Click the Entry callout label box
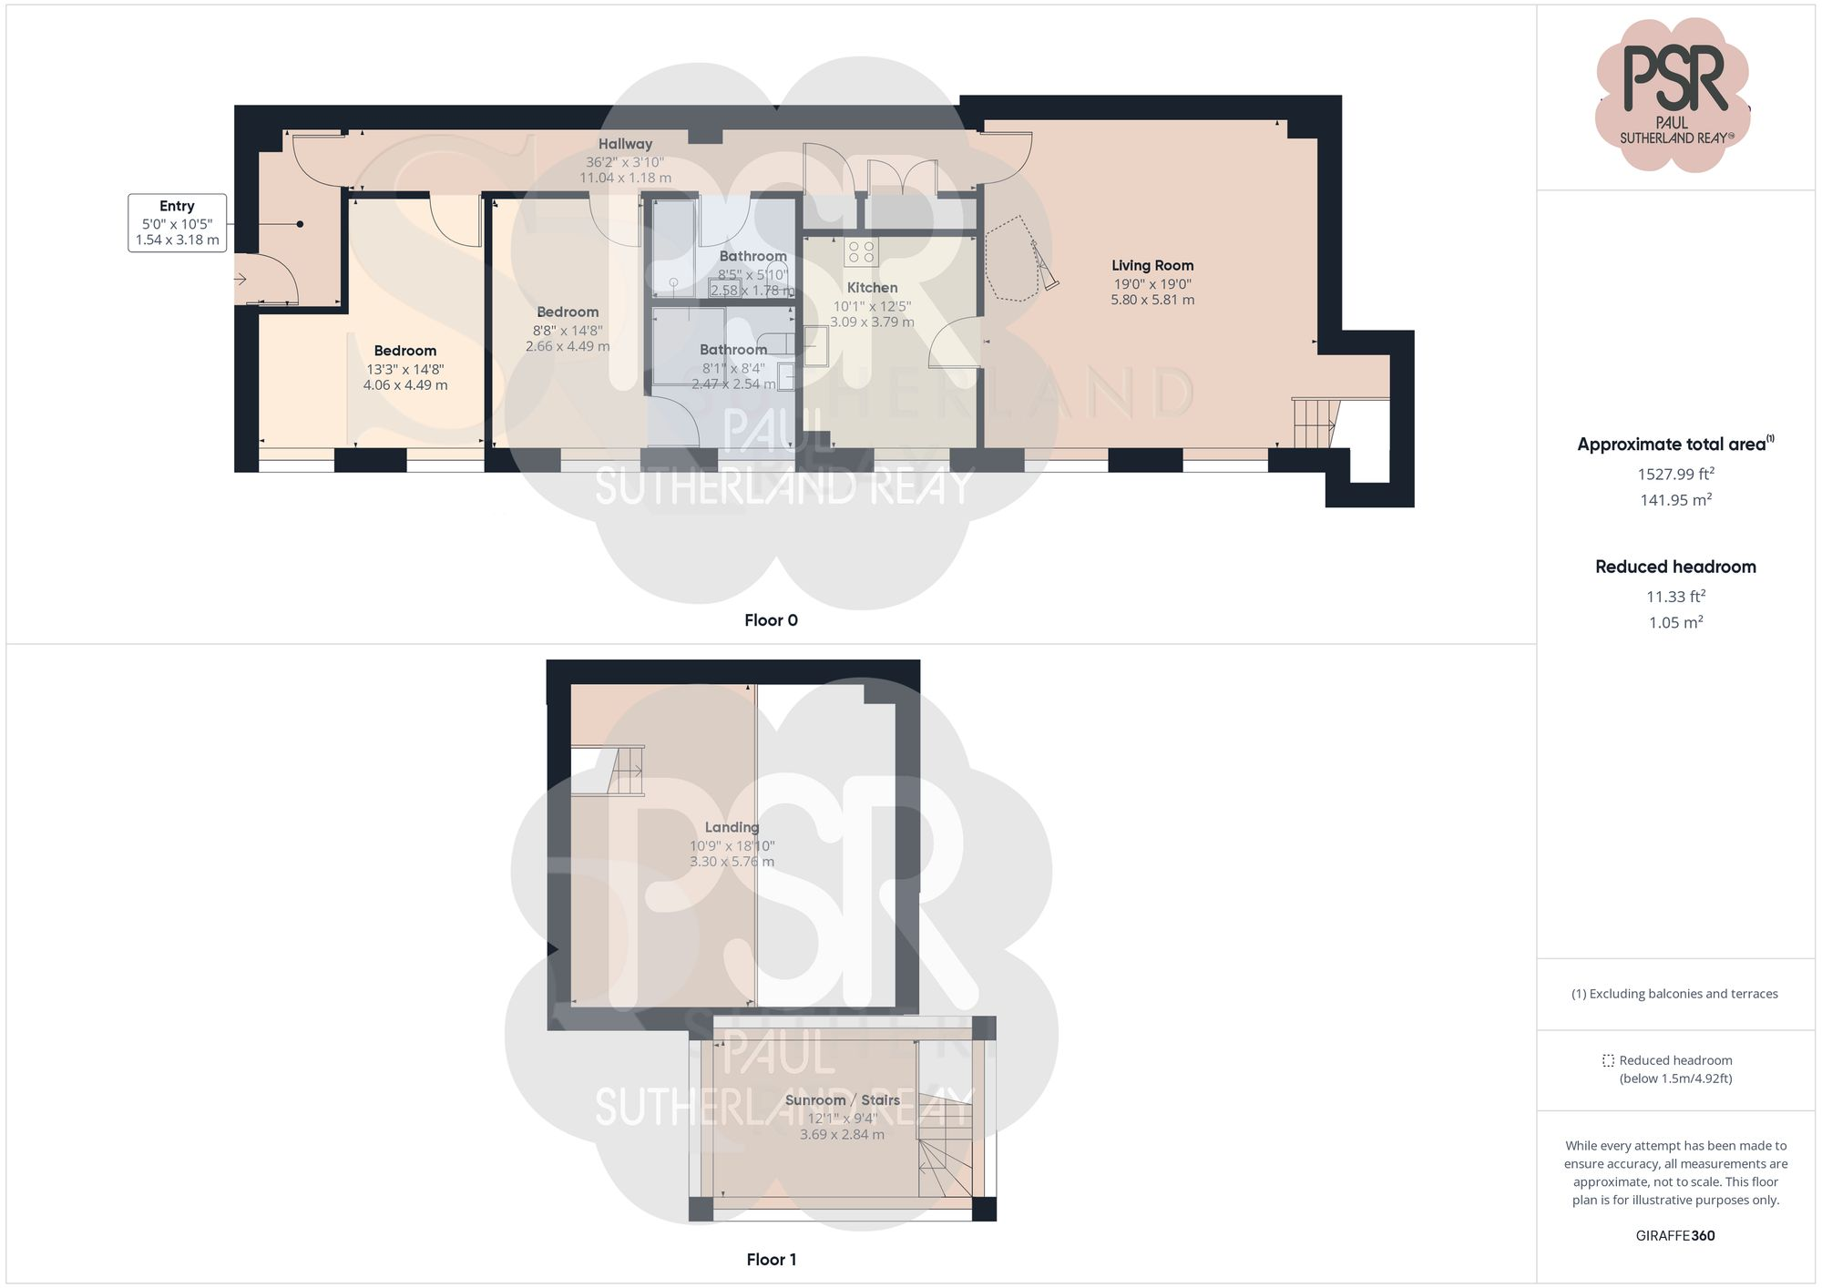point(177,223)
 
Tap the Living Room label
point(1152,266)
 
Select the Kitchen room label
point(872,288)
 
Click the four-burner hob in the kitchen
point(860,252)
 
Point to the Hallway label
point(625,144)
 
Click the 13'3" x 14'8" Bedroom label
point(404,352)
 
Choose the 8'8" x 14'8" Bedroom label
point(567,312)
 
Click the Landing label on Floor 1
point(732,828)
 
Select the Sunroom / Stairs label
point(842,1100)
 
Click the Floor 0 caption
point(771,620)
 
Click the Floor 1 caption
point(771,1260)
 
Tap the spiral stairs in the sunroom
point(942,1152)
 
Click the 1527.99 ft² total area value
point(1675,474)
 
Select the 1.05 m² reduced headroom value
point(1675,623)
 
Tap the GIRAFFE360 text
point(1675,1236)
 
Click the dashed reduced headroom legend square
point(1608,1061)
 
